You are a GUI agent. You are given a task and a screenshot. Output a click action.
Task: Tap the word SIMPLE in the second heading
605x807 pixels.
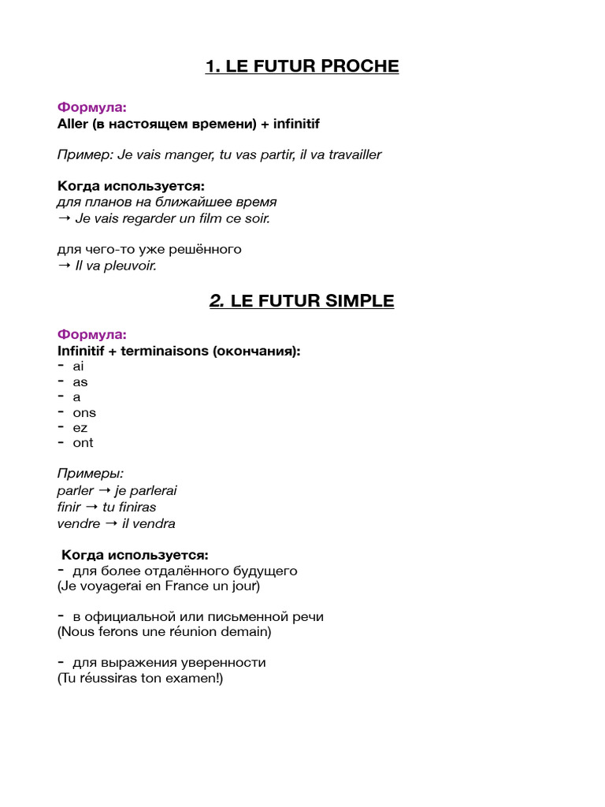click(359, 300)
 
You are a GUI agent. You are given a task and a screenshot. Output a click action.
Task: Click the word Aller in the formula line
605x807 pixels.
click(72, 124)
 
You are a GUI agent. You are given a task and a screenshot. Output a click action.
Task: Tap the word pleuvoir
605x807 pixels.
click(129, 266)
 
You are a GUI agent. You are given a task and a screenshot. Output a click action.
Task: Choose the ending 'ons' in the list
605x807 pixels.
click(84, 412)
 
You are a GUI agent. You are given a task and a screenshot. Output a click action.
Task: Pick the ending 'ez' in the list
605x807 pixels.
click(80, 428)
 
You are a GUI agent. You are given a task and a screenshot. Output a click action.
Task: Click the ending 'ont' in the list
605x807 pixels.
click(83, 443)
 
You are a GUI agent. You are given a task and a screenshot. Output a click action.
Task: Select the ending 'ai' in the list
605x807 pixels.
click(78, 366)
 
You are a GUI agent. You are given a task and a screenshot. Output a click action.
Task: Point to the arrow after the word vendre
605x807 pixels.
click(111, 523)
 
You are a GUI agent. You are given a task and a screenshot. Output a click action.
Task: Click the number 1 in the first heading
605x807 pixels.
click(210, 66)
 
